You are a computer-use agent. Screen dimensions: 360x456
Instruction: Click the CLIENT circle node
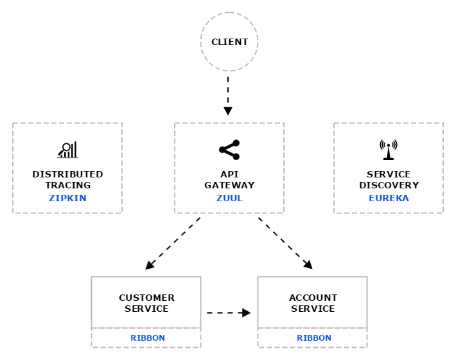[229, 42]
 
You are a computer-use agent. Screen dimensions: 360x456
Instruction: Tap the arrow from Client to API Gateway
[228, 96]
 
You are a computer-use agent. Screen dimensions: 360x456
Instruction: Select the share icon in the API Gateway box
[229, 150]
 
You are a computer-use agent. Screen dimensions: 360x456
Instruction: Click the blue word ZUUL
[229, 198]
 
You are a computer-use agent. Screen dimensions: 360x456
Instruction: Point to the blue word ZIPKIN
[67, 198]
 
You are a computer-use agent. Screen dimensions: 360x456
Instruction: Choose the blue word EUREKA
[389, 198]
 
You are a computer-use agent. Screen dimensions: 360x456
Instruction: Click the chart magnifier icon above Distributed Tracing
[67, 150]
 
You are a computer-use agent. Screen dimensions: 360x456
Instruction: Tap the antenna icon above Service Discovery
[389, 150]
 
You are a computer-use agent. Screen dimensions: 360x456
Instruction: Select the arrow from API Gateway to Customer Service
[173, 243]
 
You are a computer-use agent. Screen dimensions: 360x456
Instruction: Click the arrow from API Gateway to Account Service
[285, 243]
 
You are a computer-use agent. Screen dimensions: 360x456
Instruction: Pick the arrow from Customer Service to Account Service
[229, 313]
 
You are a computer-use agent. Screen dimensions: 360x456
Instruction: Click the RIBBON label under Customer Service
[147, 338]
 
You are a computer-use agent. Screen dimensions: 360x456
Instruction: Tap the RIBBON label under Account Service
[313, 338]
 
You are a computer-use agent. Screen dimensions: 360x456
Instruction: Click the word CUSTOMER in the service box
[146, 298]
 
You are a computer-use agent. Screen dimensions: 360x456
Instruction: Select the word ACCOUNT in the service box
[313, 298]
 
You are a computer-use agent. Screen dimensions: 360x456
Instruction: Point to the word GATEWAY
[229, 185]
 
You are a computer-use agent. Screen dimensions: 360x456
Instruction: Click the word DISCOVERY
[389, 185]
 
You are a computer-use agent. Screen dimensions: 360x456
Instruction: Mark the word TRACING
[67, 185]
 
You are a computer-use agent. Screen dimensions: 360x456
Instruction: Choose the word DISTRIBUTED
[67, 174]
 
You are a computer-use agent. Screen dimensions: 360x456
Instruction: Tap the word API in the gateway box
[229, 174]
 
